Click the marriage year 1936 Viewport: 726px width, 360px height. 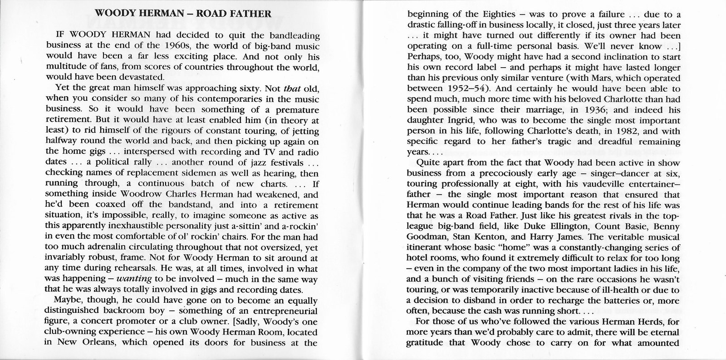point(584,110)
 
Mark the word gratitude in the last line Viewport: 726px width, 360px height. point(429,343)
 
